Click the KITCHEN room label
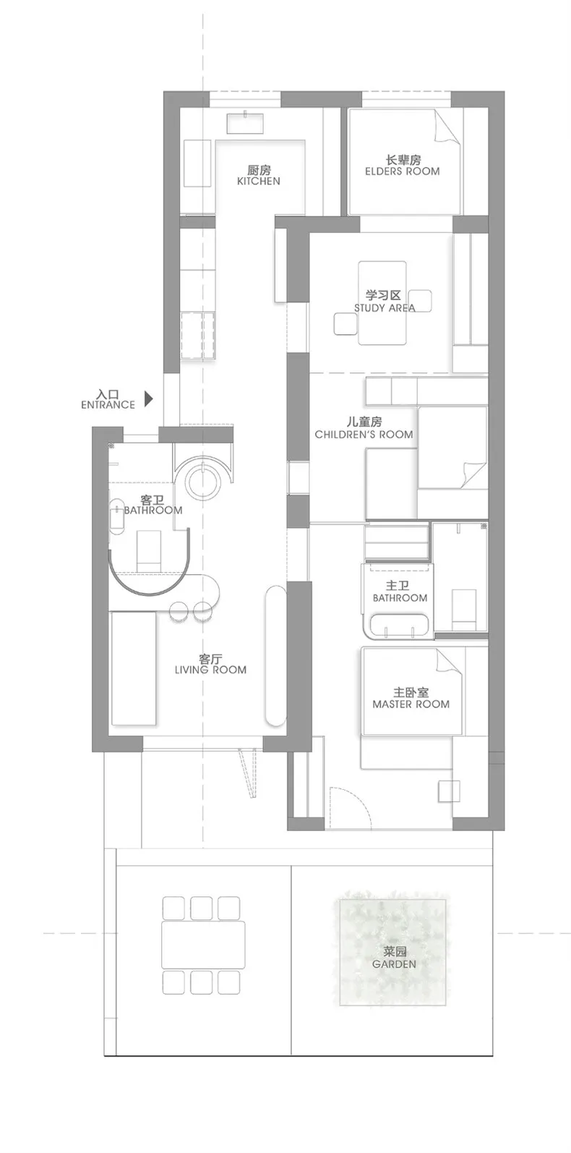pyautogui.click(x=258, y=181)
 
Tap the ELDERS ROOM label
pyautogui.click(x=402, y=171)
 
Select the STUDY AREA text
pyautogui.click(x=385, y=307)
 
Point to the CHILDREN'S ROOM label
pyautogui.click(x=364, y=434)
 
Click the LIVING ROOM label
pyautogui.click(x=210, y=670)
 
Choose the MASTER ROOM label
pyautogui.click(x=411, y=704)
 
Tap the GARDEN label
pyautogui.click(x=394, y=963)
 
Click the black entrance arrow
pyautogui.click(x=149, y=397)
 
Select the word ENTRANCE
pyautogui.click(x=108, y=405)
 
